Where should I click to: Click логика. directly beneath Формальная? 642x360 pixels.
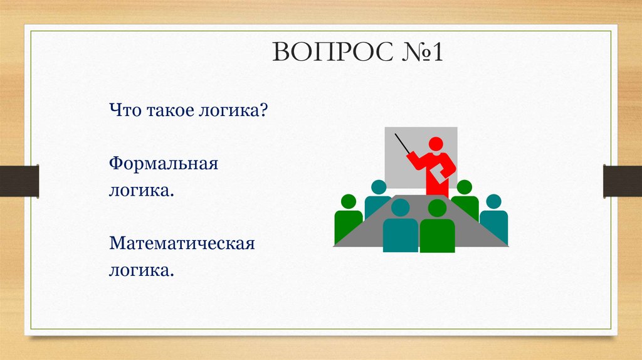141,189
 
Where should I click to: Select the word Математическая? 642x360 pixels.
182,243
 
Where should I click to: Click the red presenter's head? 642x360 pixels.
438,143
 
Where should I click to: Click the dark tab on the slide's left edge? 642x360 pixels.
19,181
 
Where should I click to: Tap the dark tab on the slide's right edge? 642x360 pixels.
622,181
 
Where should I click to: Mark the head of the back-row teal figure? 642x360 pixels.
379,187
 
